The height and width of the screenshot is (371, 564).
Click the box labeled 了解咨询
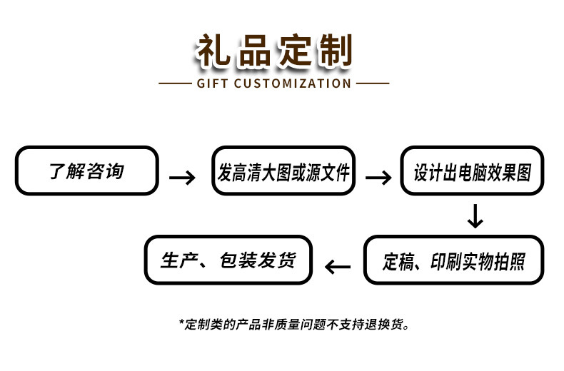86,171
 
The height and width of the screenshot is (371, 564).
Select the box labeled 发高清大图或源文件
284,171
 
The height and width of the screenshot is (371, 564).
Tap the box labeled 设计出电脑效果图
472,171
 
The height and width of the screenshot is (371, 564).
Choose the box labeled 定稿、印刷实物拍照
453,260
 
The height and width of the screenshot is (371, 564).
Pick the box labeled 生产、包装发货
228,260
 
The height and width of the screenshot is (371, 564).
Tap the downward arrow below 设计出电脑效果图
475,216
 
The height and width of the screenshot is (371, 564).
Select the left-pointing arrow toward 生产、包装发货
338,268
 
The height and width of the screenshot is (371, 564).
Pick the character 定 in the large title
296,51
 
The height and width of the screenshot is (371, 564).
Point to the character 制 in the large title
335,51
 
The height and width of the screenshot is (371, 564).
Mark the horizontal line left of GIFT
174,83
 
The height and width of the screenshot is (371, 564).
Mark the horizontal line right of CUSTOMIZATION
372,83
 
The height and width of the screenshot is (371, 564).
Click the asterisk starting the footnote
181,322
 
